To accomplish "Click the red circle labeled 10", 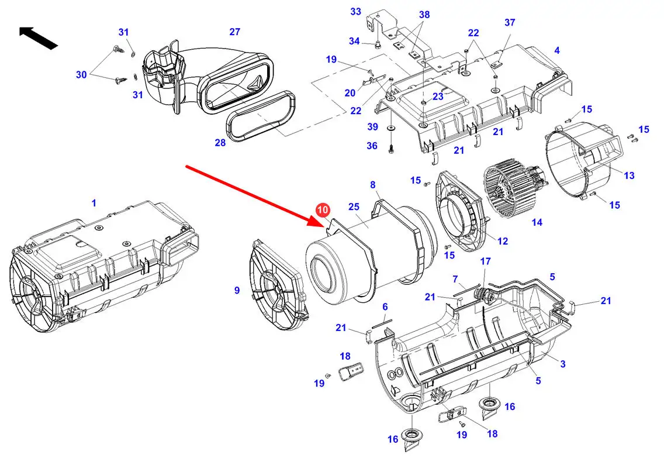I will (323, 210).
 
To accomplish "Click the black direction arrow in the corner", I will (38, 37).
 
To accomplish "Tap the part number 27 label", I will (234, 32).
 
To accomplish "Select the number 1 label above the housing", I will (94, 203).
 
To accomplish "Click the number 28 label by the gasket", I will (220, 143).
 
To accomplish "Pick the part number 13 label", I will (629, 175).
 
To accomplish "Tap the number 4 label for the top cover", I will (557, 51).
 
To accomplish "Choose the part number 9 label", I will (237, 290).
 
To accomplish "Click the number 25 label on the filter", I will (353, 207).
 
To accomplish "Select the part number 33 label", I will (355, 12).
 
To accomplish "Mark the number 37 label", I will (510, 22).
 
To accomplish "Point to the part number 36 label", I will (372, 146).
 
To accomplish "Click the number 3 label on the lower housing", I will (563, 364).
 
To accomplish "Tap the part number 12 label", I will (503, 241).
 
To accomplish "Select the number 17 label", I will (486, 261).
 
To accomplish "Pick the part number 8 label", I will (373, 185).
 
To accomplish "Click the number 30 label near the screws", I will (81, 74).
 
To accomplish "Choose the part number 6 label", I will (385, 306).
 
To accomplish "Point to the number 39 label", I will (372, 128).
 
